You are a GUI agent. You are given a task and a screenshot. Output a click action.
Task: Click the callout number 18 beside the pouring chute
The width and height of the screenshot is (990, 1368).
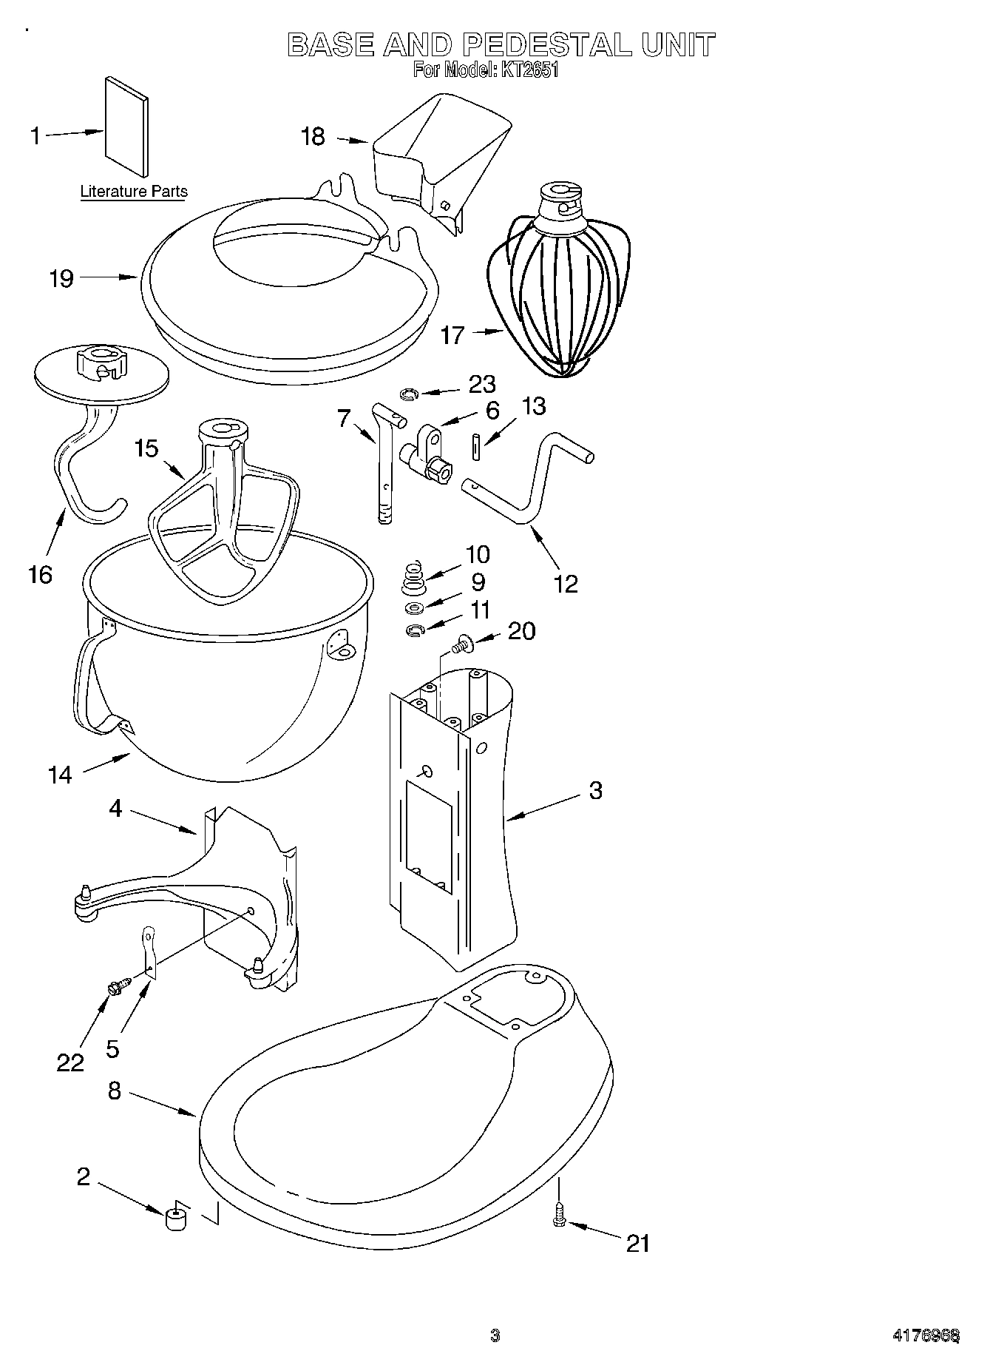(x=313, y=137)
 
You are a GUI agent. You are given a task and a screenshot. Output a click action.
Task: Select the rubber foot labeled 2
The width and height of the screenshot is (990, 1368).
(x=176, y=1217)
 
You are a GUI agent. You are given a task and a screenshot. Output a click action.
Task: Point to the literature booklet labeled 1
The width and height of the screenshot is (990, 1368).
(x=126, y=129)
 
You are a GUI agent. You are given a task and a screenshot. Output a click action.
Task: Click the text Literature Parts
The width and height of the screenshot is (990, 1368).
(x=134, y=192)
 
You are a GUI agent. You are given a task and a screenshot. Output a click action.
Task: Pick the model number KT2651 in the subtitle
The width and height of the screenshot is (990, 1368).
(x=529, y=71)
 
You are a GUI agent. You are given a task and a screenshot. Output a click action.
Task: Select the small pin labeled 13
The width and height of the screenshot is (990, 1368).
(x=477, y=447)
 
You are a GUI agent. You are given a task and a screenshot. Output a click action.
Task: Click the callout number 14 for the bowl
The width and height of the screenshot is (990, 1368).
(x=60, y=775)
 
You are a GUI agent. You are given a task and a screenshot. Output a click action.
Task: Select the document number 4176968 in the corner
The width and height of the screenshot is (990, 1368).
(x=926, y=1335)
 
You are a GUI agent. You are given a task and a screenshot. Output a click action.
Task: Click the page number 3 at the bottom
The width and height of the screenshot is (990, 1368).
(x=495, y=1335)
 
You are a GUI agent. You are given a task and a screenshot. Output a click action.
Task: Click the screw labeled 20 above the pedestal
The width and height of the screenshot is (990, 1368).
(x=461, y=646)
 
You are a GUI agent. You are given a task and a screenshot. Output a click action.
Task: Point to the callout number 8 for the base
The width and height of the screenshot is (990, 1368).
(x=114, y=1091)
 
